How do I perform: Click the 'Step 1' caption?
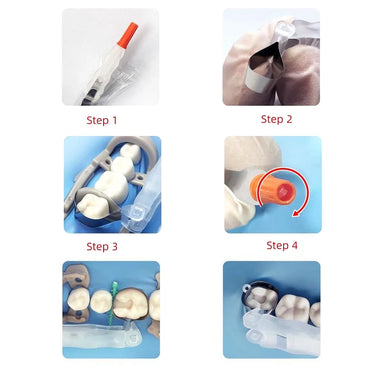pyautogui.click(x=101, y=121)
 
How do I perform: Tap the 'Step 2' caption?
pyautogui.click(x=277, y=119)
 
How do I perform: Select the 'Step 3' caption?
pyautogui.click(x=101, y=246)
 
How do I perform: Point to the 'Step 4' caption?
pyautogui.click(x=282, y=245)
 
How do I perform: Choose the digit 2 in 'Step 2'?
pyautogui.click(x=290, y=119)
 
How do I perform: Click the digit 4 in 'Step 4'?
pyautogui.click(x=295, y=245)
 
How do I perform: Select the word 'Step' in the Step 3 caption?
pyautogui.click(x=96, y=246)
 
